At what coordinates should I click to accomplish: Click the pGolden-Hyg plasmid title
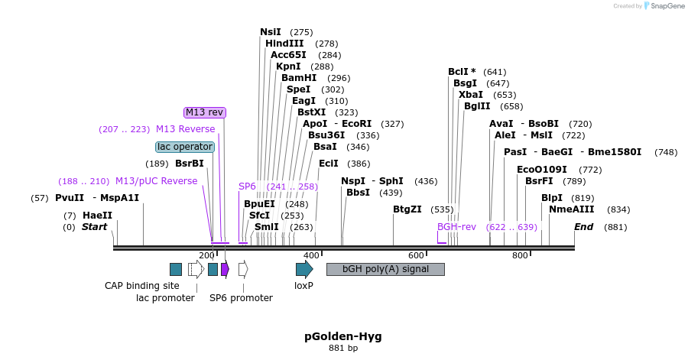tap(343, 336)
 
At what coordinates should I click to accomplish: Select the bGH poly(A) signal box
tap(385, 269)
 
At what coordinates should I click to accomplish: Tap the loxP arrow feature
tap(304, 268)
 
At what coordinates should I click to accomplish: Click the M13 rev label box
tap(205, 112)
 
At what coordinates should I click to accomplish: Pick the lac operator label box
tap(185, 147)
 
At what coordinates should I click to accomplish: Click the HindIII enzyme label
tap(284, 44)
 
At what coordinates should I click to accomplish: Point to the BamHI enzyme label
tap(299, 78)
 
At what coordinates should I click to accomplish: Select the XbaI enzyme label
tap(472, 95)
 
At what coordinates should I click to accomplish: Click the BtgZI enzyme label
tap(407, 209)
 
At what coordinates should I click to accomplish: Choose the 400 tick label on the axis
tap(311, 255)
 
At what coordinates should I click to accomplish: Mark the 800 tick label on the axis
tap(520, 255)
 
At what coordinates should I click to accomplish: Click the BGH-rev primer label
tap(456, 227)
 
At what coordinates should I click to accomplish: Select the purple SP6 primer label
tap(247, 186)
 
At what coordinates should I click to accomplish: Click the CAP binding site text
tap(142, 286)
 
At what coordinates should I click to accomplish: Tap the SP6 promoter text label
tap(242, 298)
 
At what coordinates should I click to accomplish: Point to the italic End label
tap(584, 227)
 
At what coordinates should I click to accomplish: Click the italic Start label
tap(95, 227)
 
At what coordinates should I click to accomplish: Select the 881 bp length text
tap(343, 349)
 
